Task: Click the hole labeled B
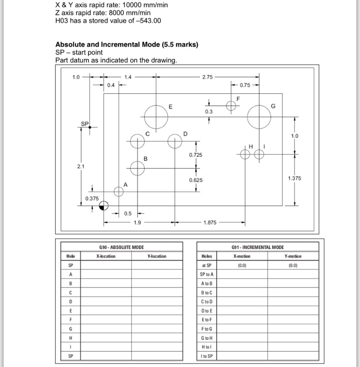(x=137, y=168)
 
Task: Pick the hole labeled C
(x=137, y=141)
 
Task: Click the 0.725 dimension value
(x=196, y=155)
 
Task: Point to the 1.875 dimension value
(x=210, y=222)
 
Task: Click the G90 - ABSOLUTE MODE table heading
(x=121, y=247)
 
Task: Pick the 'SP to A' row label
(x=206, y=274)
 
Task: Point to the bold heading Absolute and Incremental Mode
(x=126, y=45)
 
